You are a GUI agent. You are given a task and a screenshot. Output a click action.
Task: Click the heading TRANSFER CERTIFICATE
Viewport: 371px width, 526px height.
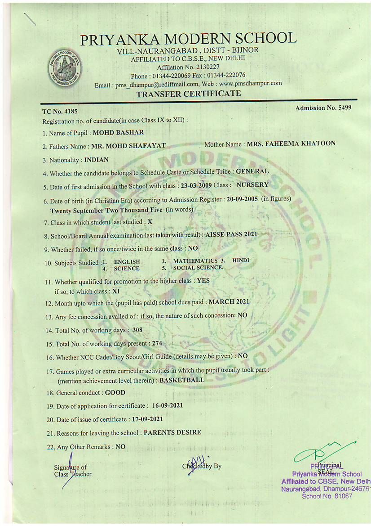[189, 94]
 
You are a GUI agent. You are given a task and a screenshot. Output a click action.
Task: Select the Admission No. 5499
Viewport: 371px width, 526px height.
[323, 108]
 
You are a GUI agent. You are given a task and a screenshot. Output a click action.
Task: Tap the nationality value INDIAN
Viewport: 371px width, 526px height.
[96, 160]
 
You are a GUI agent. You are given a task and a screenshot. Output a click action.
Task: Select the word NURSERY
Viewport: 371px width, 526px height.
[252, 184]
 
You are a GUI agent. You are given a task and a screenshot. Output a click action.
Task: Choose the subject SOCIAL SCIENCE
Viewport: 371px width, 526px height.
[198, 268]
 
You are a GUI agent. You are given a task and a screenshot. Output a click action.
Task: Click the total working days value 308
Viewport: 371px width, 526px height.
[137, 330]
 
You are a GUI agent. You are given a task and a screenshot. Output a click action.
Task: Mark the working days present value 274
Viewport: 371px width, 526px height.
[157, 343]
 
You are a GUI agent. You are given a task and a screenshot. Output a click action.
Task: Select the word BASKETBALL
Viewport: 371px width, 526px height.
[182, 380]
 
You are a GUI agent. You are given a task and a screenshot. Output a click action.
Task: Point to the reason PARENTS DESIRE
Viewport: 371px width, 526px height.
[172, 432]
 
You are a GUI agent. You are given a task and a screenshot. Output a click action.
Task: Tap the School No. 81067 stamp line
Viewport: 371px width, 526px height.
[327, 496]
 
